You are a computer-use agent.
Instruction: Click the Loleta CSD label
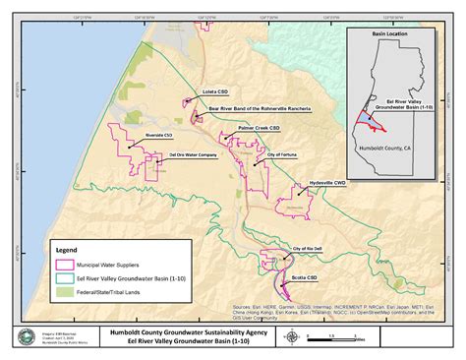coord(215,90)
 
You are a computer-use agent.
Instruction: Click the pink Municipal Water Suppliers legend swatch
coord(67,264)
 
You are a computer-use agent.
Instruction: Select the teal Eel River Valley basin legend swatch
coord(67,277)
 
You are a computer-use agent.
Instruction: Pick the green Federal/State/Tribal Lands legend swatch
coord(67,292)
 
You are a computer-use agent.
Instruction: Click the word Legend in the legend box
coord(72,250)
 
